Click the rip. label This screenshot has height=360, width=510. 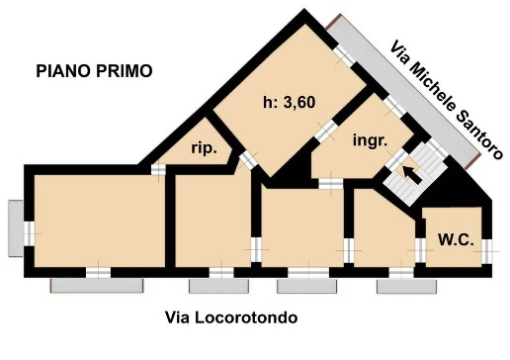click(203, 150)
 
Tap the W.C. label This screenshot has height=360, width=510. click(456, 239)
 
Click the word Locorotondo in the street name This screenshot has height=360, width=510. click(247, 317)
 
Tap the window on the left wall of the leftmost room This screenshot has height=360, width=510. click(30, 232)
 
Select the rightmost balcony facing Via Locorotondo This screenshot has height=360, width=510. click(404, 286)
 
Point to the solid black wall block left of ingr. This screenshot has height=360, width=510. click(288, 170)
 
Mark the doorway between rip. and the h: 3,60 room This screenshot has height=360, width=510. click(246, 158)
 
